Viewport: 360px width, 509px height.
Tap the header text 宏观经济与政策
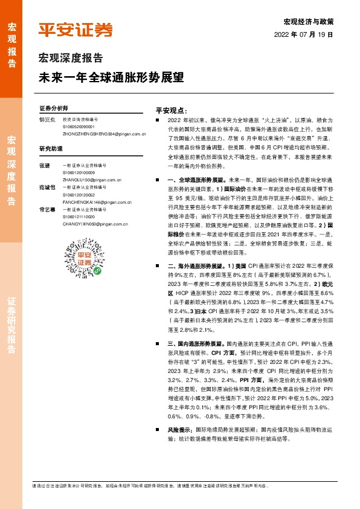(x=308, y=22)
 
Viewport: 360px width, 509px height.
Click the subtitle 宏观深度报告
(x=71, y=59)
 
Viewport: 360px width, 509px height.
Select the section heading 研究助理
(x=51, y=148)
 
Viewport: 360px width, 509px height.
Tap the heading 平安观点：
(x=173, y=111)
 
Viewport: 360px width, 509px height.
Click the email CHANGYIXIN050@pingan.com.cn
(x=95, y=224)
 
